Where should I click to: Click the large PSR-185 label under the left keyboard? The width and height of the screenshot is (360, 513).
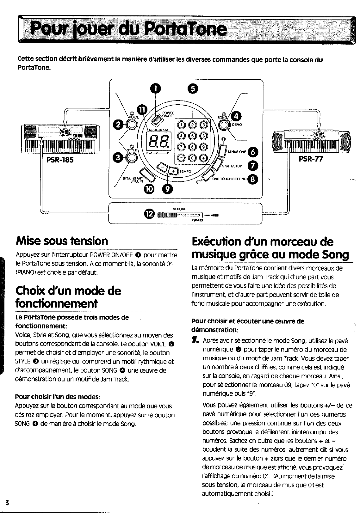pos(60,160)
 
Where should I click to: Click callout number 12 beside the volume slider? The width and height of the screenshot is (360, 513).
pos(149,214)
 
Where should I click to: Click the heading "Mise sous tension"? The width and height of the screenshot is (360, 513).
pos(62,241)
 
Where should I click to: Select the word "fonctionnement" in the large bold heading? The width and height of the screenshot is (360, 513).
pos(57,304)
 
